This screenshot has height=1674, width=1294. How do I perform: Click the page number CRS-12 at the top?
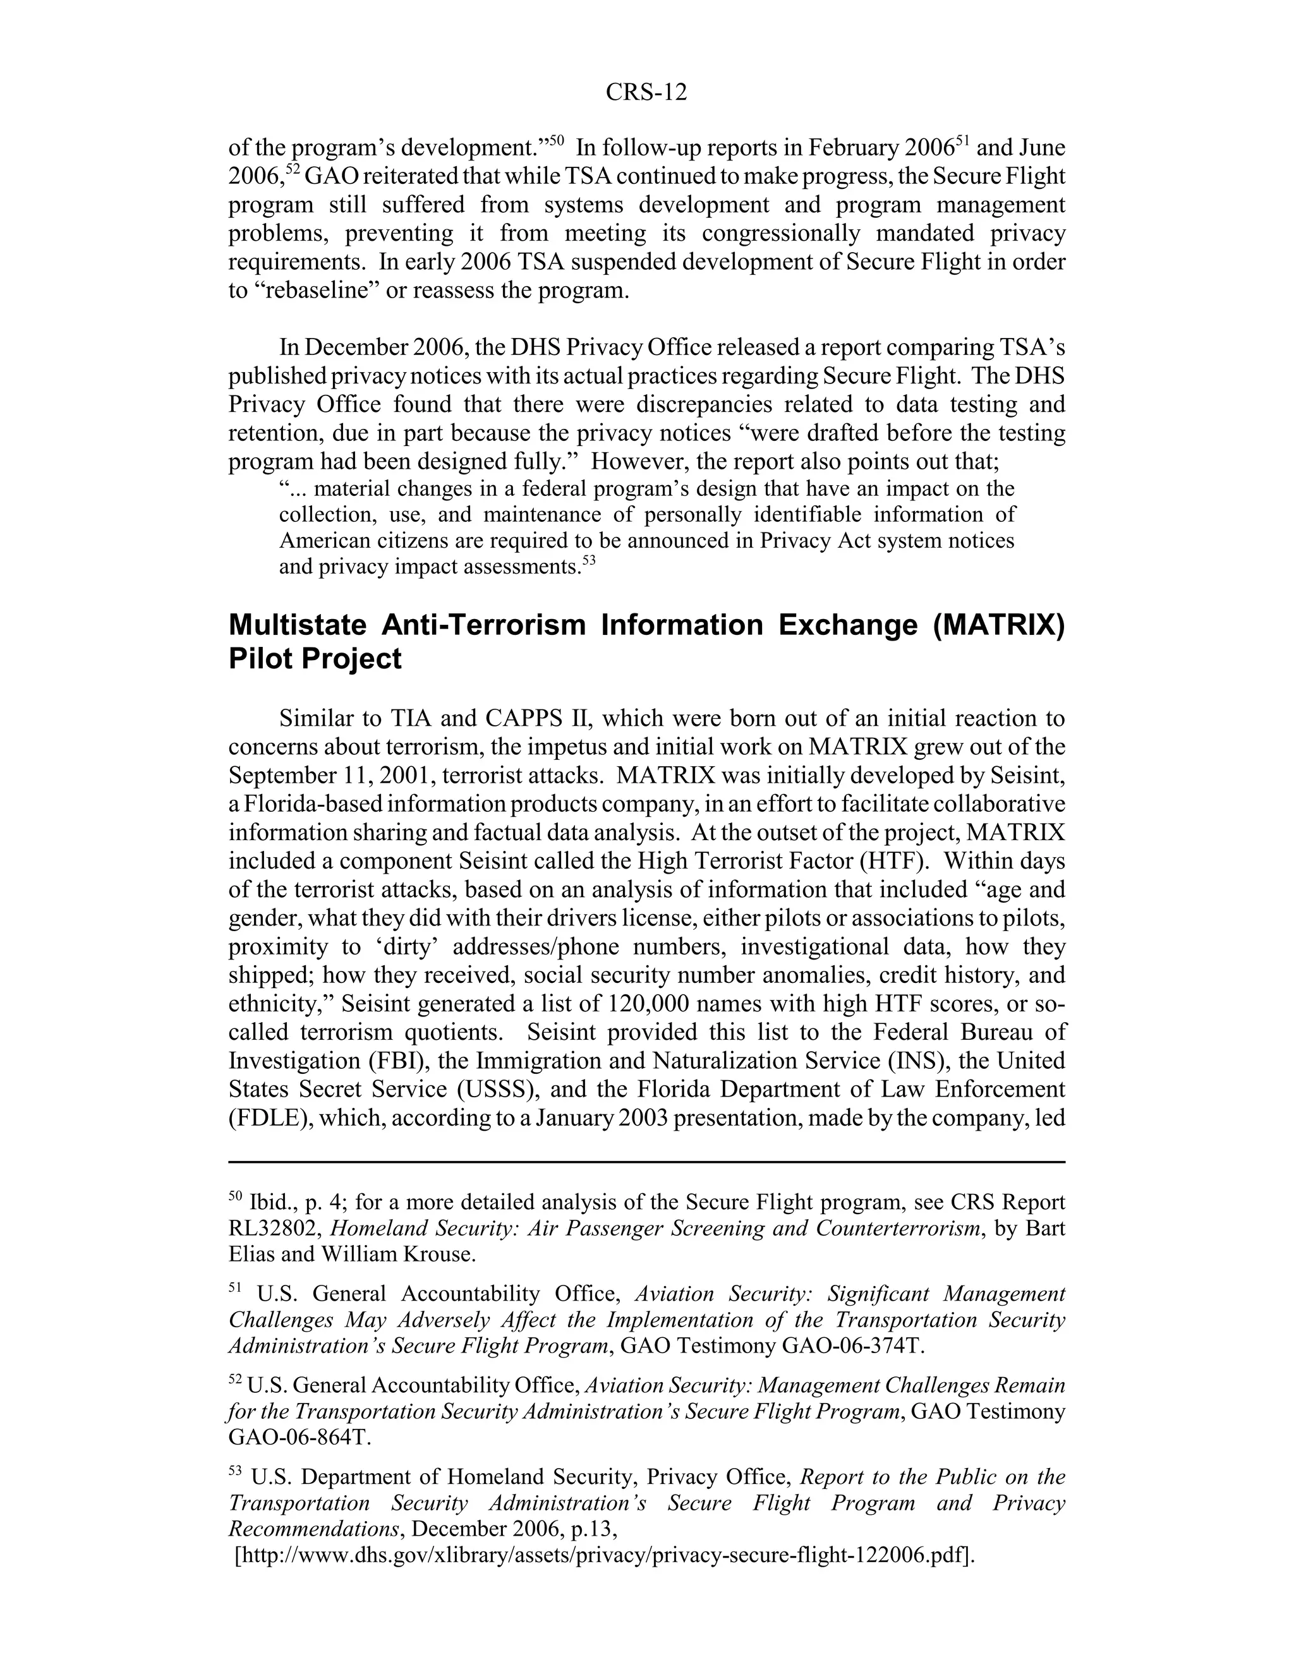coord(646,93)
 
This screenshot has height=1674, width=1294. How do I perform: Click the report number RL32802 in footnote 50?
coord(276,1228)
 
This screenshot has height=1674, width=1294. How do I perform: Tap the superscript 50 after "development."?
coord(557,140)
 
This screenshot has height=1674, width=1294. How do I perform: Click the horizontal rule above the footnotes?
coord(646,1162)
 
